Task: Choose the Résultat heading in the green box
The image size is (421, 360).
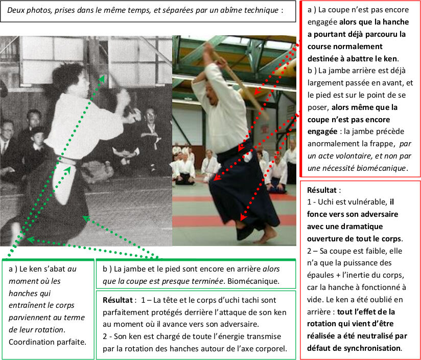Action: pos(118,300)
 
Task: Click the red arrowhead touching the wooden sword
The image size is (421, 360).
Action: pos(257,92)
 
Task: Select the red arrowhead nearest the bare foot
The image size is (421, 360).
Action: pos(243,217)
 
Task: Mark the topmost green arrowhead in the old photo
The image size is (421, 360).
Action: pos(101,79)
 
